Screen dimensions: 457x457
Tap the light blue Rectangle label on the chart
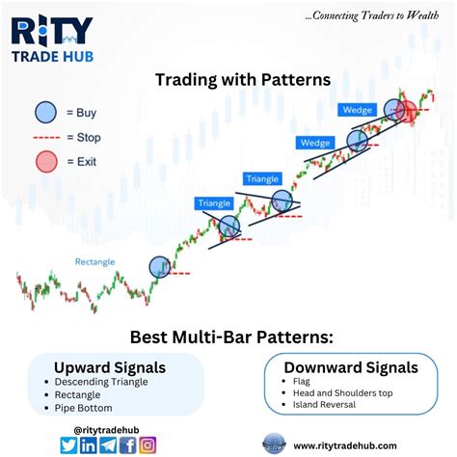click(96, 261)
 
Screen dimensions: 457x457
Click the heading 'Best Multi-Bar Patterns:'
click(228, 336)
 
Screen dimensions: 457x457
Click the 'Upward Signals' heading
click(109, 367)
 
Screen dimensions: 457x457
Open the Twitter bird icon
click(68, 444)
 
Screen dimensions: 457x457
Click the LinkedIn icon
click(89, 444)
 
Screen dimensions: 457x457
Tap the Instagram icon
click(148, 444)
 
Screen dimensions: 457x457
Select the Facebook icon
click(128, 444)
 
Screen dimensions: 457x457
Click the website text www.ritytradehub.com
click(345, 444)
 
